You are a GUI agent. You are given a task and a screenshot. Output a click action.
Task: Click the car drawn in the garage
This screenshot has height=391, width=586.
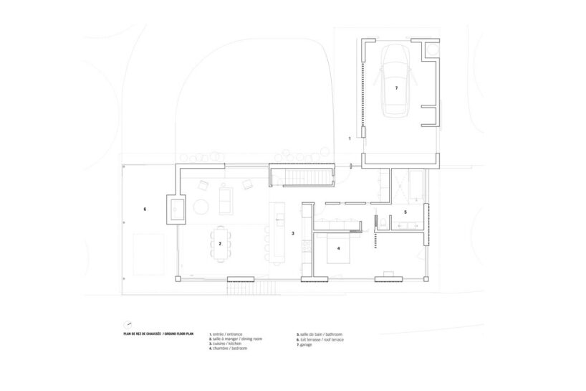point(395,80)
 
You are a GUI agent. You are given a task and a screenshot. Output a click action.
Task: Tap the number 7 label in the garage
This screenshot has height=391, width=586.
point(395,89)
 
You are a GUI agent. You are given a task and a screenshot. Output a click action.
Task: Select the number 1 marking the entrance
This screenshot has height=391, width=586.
point(350,136)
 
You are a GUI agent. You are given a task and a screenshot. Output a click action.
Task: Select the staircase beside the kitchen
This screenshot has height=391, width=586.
point(302,176)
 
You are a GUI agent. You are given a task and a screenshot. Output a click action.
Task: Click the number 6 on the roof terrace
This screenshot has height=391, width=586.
point(145,209)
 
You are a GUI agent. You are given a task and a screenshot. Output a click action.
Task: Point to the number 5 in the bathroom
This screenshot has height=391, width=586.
point(405,212)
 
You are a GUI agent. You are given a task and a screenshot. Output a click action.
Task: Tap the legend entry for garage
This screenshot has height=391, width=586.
point(307,344)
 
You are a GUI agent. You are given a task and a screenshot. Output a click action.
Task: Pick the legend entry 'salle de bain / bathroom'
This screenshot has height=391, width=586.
point(320,334)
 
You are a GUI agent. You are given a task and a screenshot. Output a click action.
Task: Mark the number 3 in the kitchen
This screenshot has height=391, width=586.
point(292,234)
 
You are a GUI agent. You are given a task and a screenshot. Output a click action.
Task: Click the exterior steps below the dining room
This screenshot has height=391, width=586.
point(252,288)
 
